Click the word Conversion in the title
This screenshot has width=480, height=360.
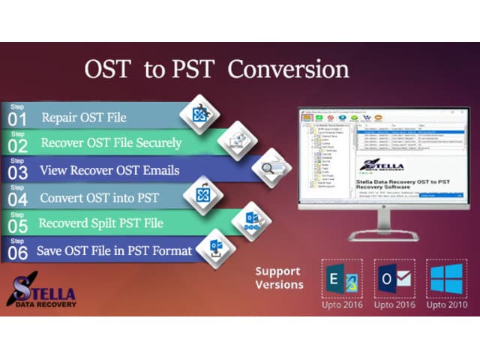(x=288, y=70)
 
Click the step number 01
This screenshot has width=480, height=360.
(x=19, y=119)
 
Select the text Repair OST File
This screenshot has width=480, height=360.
(x=84, y=117)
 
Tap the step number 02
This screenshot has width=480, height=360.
(x=19, y=145)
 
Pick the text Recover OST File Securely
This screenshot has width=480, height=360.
(x=111, y=142)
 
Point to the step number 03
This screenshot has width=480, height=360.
(x=19, y=172)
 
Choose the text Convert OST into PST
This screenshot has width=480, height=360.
(x=100, y=196)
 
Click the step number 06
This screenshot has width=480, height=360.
(x=19, y=253)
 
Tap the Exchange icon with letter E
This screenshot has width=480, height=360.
(x=341, y=278)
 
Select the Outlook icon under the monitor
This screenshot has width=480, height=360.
(x=394, y=278)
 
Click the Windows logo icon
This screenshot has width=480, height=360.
(x=446, y=278)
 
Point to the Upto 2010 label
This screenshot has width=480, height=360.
(x=446, y=305)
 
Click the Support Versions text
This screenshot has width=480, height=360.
(x=279, y=278)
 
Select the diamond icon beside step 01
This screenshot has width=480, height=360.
(x=199, y=114)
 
